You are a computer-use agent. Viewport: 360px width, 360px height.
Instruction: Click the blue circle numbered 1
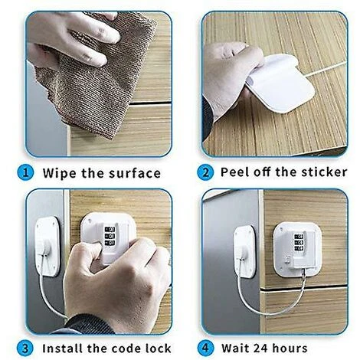25,173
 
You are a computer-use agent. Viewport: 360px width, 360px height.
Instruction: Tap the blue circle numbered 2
205,172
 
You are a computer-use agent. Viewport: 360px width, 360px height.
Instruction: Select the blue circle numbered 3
25,349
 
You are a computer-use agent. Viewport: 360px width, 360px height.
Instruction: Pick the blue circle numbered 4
205,348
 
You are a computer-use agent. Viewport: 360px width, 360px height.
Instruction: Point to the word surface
135,173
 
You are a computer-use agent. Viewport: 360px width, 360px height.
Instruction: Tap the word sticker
324,172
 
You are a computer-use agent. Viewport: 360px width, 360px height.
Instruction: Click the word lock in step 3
159,349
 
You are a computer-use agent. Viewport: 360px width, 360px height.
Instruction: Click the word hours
290,349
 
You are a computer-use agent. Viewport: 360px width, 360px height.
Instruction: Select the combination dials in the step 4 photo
299,243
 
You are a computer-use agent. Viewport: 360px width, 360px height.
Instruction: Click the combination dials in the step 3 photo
110,236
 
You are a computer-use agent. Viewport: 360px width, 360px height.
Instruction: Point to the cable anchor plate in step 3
47,247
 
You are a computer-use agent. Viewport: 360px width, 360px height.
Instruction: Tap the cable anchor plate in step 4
244,252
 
